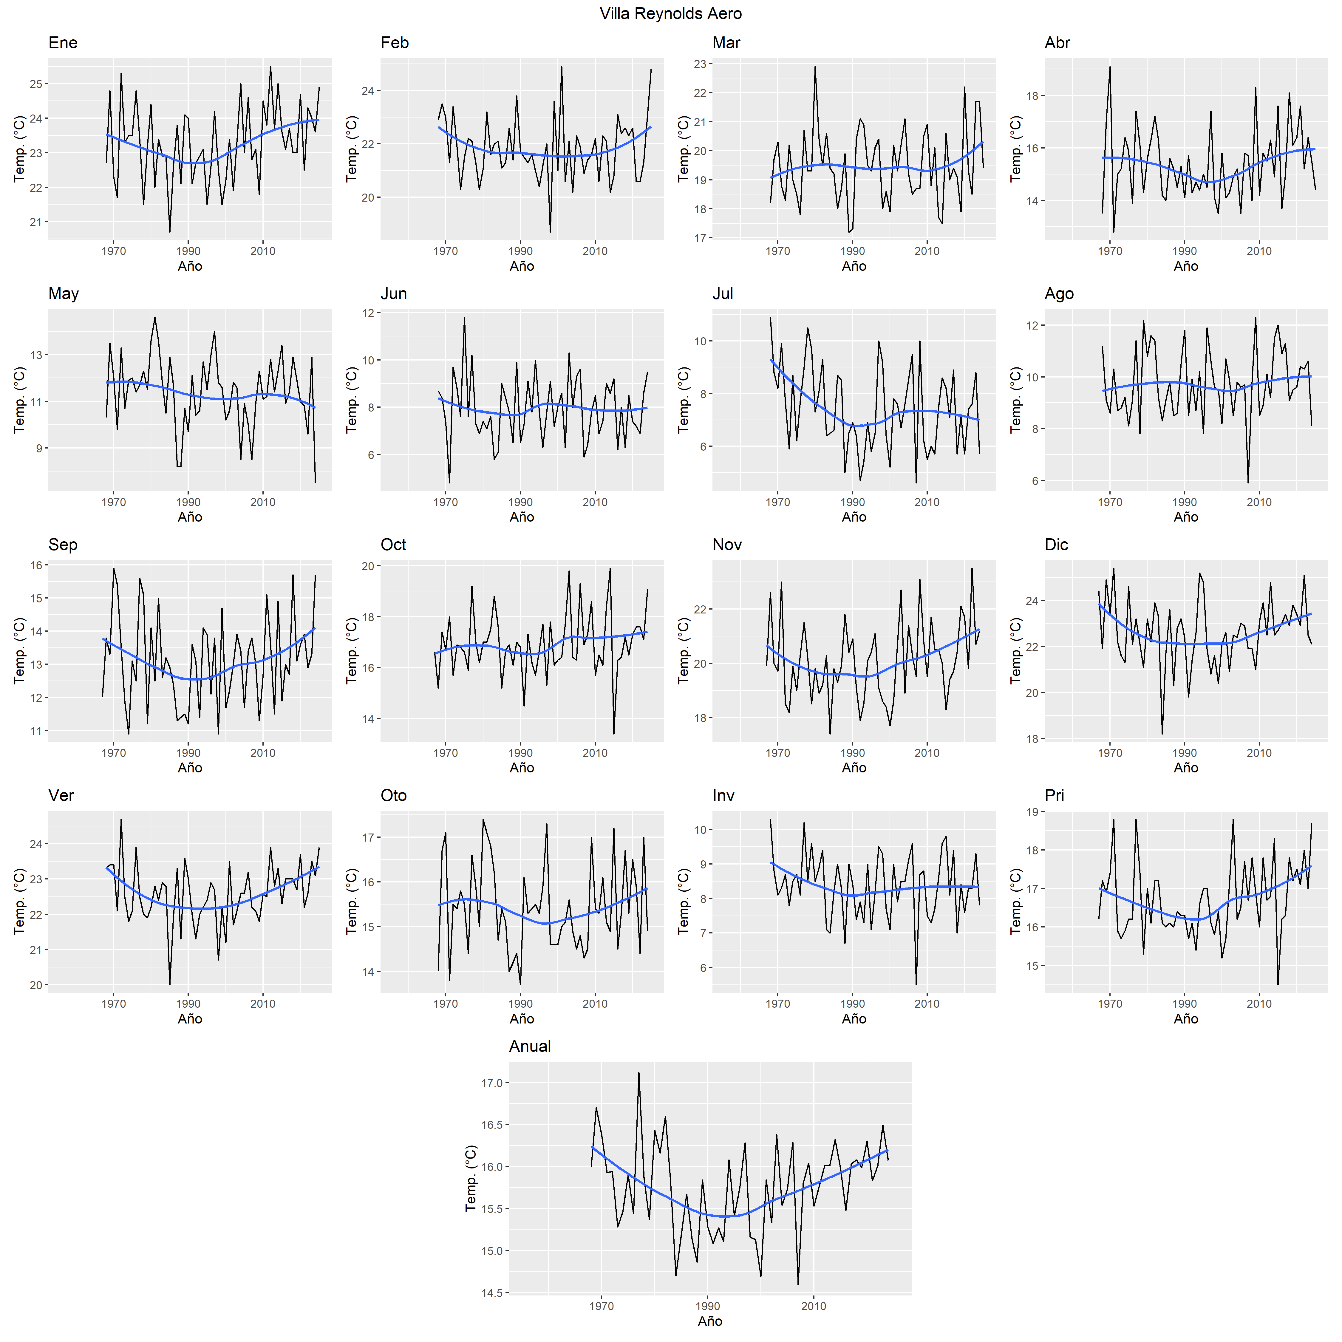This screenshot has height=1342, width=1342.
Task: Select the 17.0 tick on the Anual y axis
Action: [492, 1083]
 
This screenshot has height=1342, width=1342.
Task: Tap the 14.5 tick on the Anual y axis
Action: [492, 1293]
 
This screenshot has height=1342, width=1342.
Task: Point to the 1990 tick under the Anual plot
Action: [708, 1306]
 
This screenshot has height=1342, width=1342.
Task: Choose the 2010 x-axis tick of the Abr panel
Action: [1258, 251]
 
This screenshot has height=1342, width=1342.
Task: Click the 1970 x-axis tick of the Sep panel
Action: [114, 753]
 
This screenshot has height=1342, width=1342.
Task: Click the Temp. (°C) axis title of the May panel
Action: [19, 400]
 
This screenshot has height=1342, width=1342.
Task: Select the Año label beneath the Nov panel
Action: [854, 768]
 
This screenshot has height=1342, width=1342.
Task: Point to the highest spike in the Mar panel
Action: [815, 67]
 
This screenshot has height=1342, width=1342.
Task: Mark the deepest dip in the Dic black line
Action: [1162, 734]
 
